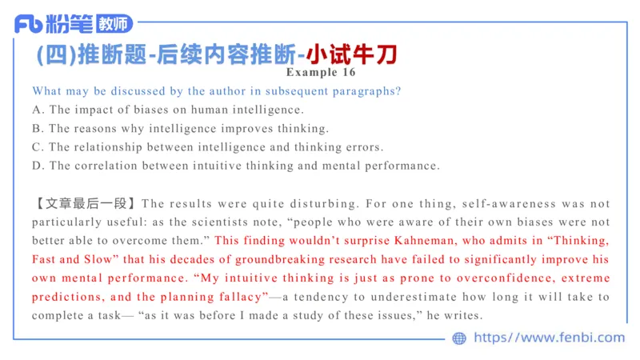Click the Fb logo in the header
30,24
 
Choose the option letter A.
37,110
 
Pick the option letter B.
37,128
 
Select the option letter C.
37,147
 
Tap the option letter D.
37,166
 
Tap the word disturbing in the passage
304,204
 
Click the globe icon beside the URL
459,338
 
